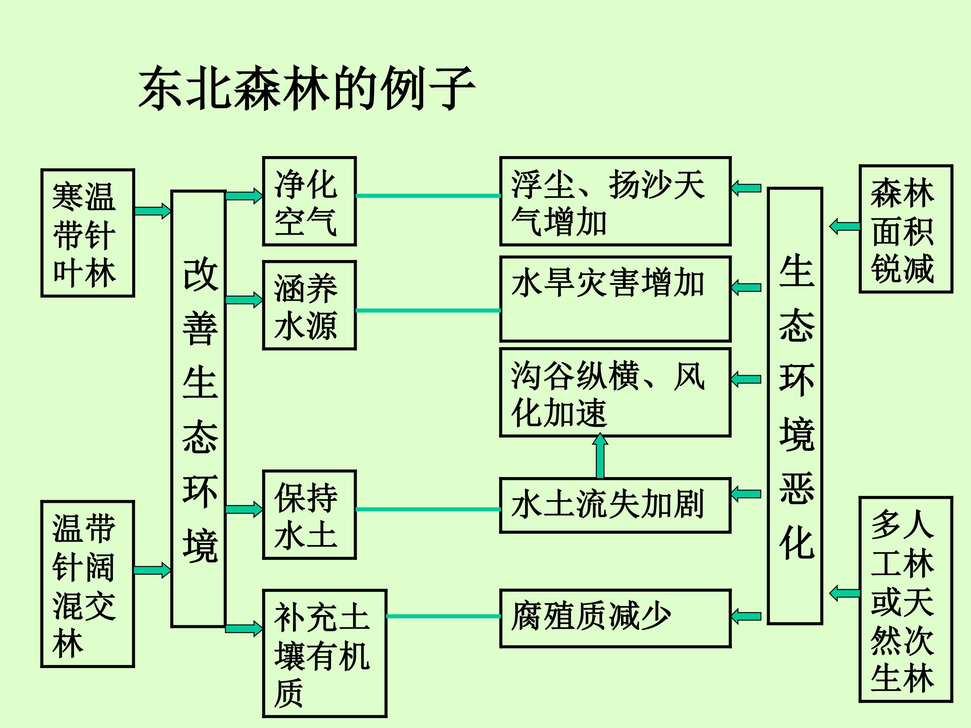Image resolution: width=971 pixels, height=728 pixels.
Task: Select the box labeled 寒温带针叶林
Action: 87,233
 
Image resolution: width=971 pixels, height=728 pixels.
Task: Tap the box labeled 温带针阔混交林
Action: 87,584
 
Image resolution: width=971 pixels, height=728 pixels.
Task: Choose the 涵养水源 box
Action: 309,305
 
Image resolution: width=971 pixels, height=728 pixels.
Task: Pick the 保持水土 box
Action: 309,515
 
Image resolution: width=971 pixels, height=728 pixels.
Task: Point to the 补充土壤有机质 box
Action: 324,654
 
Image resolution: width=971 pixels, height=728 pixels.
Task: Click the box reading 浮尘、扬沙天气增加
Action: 615,201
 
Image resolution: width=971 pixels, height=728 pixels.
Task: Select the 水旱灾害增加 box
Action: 615,299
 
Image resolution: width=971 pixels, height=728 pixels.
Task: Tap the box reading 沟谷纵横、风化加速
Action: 615,393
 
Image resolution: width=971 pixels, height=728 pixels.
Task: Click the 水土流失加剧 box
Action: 615,505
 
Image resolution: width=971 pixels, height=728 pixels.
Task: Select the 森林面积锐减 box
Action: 906,229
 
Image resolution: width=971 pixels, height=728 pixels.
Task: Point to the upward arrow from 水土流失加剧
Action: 600,456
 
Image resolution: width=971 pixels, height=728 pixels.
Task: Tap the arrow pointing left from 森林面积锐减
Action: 844,226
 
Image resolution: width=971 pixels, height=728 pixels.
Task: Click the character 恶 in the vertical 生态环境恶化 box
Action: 796,488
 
